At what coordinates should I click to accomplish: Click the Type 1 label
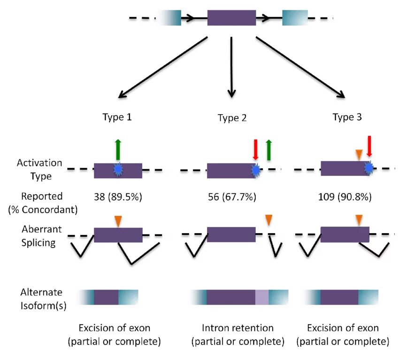point(117,117)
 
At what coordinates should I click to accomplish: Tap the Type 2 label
point(232,118)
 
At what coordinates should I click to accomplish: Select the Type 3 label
point(347,117)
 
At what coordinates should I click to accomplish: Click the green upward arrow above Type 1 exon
point(118,150)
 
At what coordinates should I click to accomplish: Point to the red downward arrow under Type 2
point(256,150)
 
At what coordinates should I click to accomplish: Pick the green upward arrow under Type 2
point(269,150)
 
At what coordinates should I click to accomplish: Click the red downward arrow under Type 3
point(369,146)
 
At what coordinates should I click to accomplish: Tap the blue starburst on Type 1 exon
point(118,170)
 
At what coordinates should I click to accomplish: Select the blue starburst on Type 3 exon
point(369,168)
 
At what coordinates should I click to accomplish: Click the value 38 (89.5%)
point(118,197)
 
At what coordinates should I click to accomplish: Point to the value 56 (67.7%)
point(232,197)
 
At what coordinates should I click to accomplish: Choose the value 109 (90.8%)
point(345,197)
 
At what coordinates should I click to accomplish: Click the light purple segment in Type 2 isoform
point(262,297)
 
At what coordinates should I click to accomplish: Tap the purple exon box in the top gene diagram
point(231,18)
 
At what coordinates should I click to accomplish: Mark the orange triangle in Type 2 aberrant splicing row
point(269,220)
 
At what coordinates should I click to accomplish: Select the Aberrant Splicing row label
point(41,236)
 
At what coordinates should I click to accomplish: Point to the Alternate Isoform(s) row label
point(43,298)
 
